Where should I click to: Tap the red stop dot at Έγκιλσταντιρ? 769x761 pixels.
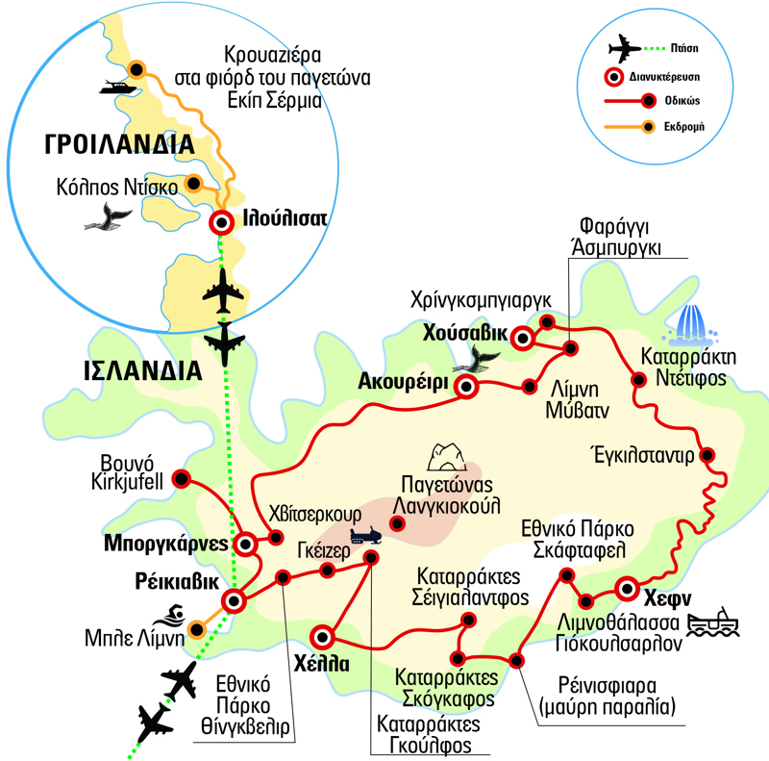707,455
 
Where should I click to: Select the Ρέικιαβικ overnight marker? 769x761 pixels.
234,602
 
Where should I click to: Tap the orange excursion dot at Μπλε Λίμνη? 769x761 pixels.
197,630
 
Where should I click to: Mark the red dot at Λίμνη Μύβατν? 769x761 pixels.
529,387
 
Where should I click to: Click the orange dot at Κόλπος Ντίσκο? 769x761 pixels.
193,182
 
